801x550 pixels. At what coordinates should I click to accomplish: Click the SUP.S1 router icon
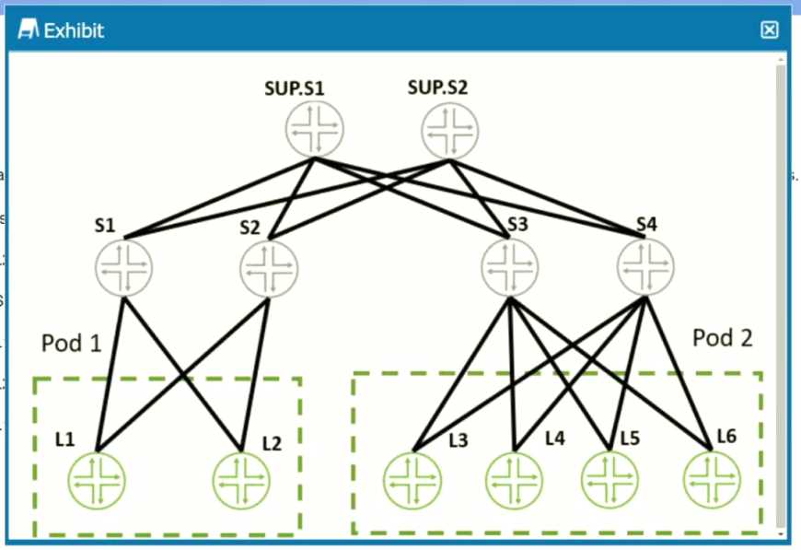coord(315,129)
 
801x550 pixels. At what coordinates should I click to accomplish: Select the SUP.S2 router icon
coord(450,131)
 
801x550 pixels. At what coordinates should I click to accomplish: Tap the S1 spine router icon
coord(124,267)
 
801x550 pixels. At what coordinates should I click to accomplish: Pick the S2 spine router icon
coord(269,269)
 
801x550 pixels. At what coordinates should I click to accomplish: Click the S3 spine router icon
coord(510,267)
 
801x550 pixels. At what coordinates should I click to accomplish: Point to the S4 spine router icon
coord(645,267)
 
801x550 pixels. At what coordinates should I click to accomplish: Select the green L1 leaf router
coord(97,481)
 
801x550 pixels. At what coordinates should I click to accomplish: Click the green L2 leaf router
coord(241,481)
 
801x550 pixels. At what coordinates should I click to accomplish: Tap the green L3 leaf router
coord(412,481)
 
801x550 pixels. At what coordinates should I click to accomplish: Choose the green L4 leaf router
coord(515,481)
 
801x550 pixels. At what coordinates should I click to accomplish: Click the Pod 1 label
coord(72,343)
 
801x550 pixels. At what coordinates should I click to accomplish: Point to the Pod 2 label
coord(723,338)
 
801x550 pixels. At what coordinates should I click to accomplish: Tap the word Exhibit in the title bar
coord(74,30)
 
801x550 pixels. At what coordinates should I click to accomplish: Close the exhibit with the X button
coord(770,30)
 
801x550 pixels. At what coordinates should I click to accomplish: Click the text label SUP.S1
coord(295,88)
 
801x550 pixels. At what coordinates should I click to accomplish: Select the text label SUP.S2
coord(438,88)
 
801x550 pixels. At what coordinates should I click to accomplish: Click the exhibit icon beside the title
coord(29,29)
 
